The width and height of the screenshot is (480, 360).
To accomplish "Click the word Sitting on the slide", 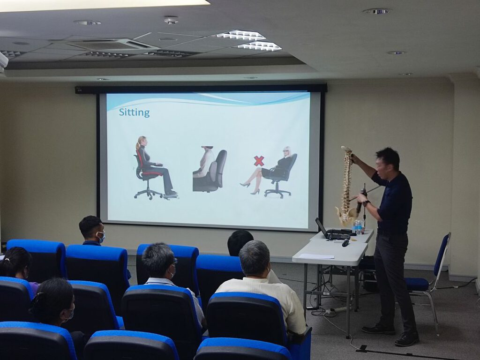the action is coord(134,112).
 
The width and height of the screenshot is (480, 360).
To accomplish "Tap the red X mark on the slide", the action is coord(259,161).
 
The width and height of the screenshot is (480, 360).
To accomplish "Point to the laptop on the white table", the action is coord(332,230).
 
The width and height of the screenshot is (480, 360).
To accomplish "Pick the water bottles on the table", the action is coord(358,227).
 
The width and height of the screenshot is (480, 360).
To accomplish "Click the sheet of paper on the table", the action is coord(316,256).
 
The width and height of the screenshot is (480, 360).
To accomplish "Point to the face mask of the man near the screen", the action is coord(101,237).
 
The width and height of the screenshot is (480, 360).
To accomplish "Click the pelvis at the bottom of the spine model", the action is coord(346,214).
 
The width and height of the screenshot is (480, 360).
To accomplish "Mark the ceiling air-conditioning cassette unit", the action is coord(113,45).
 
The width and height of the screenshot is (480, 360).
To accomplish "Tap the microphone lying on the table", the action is coord(345,242).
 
